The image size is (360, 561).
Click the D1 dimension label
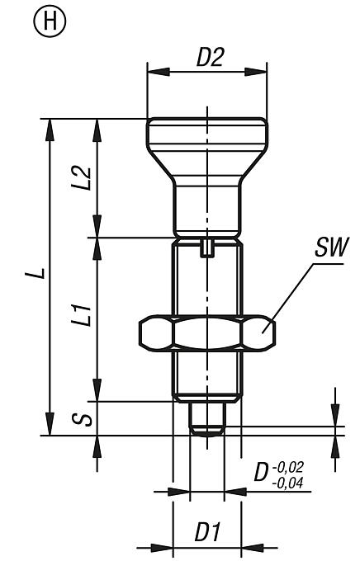click(206, 532)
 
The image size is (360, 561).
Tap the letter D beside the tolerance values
click(261, 474)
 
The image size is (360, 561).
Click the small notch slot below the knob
click(206, 246)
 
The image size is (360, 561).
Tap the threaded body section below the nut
click(206, 375)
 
